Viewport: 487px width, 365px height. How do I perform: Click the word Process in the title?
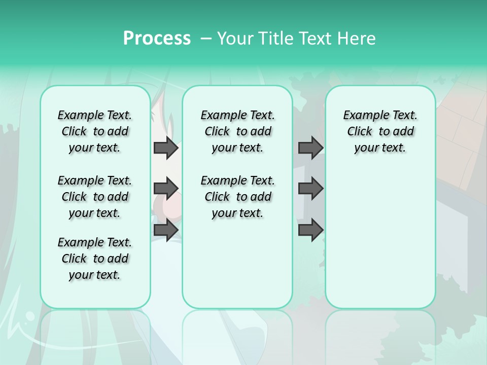pos(157,39)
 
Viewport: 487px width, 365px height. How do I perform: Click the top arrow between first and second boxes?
pos(166,148)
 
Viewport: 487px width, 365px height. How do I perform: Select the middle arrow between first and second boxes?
pos(166,189)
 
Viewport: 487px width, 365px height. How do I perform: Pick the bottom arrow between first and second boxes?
pos(166,230)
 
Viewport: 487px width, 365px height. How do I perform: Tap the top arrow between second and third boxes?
pos(310,148)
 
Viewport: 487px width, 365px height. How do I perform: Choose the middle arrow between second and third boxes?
pos(310,189)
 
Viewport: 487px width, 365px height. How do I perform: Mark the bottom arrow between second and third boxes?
pos(310,230)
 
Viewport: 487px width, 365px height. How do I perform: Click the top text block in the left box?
pos(95,131)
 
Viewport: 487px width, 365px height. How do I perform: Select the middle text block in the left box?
pos(95,197)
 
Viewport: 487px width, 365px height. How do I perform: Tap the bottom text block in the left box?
pos(95,259)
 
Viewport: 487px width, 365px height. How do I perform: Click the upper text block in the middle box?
pos(237,131)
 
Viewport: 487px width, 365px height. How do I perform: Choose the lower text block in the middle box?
pos(237,197)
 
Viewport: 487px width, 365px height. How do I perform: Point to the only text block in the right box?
pos(380,131)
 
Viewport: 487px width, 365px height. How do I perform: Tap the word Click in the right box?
pos(360,132)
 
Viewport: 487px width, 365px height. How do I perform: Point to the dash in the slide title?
pos(206,39)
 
